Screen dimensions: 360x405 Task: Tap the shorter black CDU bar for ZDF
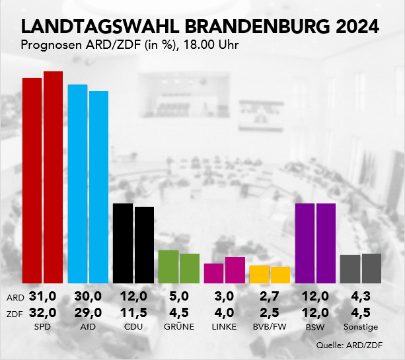(x=144, y=244)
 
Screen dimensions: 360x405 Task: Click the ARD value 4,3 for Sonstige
(x=360, y=297)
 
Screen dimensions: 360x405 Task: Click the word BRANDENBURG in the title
(x=254, y=26)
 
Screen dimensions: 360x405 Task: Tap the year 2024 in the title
(x=357, y=26)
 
